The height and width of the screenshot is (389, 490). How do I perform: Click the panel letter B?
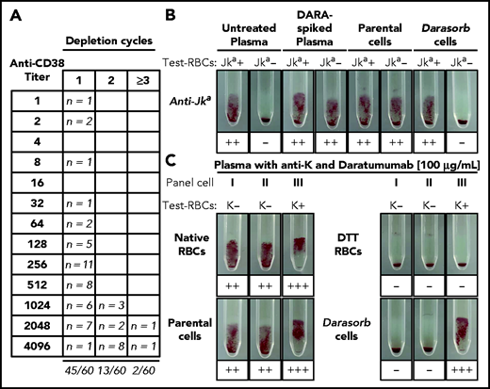[198, 12]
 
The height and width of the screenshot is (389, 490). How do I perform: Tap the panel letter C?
[197, 168]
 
